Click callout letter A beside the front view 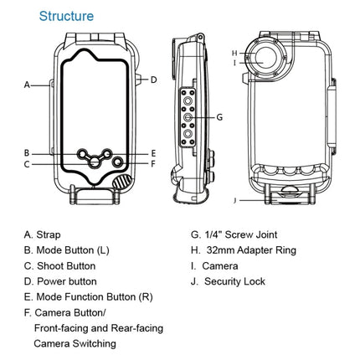[x=27, y=85]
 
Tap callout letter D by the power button [x=154, y=80]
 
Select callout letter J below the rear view [x=237, y=200]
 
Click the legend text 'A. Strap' [x=42, y=235]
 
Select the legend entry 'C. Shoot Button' [x=59, y=265]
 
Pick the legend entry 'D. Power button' [x=60, y=281]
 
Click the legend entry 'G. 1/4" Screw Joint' [x=234, y=235]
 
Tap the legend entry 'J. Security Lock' [x=228, y=281]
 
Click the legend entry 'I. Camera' [x=216, y=266]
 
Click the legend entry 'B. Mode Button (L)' [x=66, y=250]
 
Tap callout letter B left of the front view [x=27, y=153]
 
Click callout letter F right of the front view [x=154, y=164]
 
